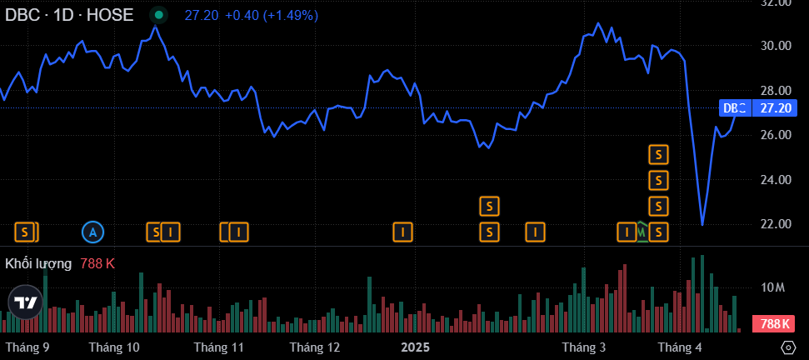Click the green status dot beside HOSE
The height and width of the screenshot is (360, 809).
click(158, 15)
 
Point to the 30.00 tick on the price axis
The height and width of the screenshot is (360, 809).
click(776, 46)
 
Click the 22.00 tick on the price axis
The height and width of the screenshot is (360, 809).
click(776, 224)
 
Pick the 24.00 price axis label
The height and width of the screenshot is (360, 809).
click(776, 180)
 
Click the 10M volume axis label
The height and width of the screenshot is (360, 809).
click(773, 287)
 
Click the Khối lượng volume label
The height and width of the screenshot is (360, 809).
click(38, 263)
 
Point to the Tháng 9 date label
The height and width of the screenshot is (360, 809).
click(27, 347)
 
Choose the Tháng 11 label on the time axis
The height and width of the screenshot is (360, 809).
click(218, 347)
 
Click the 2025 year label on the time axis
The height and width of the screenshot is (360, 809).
click(414, 347)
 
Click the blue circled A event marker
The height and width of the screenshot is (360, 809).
click(93, 232)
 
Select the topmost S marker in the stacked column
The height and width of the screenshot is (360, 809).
click(659, 154)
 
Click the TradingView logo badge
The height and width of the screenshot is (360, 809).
click(25, 302)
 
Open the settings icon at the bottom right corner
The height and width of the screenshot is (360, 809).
click(788, 347)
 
